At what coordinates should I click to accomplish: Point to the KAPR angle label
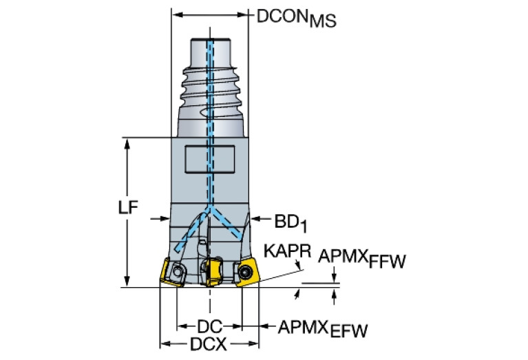[282, 253]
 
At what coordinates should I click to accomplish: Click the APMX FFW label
[362, 260]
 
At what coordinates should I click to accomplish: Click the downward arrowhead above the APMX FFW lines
[334, 279]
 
